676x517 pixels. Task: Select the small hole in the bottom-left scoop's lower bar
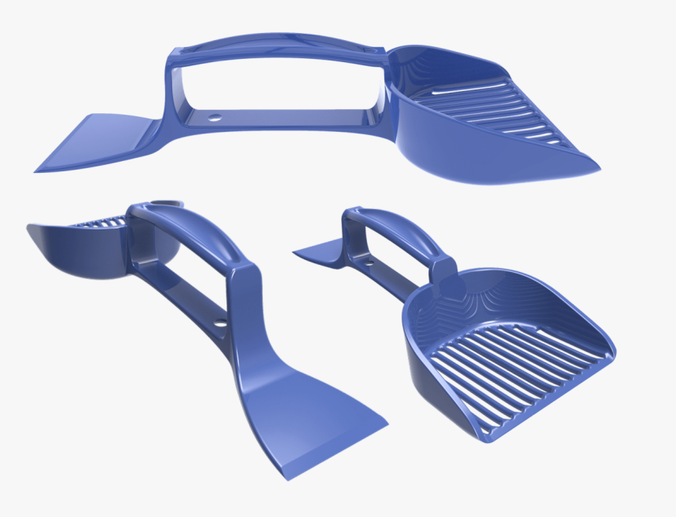221,321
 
